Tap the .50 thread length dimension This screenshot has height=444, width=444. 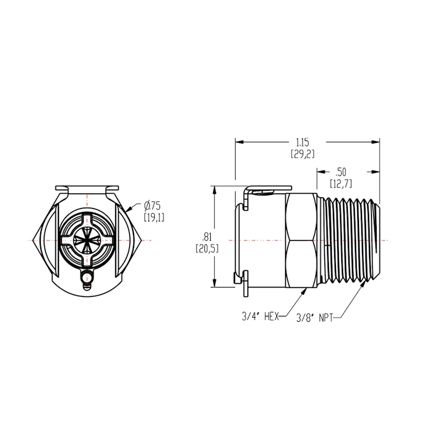(340, 172)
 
